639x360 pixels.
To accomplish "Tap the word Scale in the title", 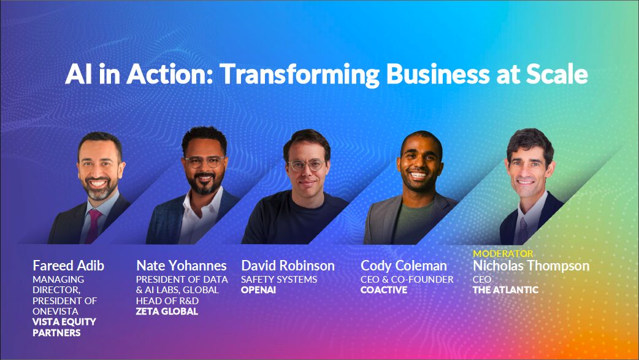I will coord(555,74).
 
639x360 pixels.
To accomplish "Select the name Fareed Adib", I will coord(68,266).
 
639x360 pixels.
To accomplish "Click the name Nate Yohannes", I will coord(181,266).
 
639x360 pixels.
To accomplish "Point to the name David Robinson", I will coord(288,266).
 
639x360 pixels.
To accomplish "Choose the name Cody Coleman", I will coord(404,266).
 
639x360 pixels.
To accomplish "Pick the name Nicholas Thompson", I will coord(530,266).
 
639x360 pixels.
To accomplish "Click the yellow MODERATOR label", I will coord(503,253).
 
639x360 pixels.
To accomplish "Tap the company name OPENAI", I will coord(258,290).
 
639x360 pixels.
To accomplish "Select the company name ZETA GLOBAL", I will coord(167,312).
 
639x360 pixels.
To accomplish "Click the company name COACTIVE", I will coord(383,290).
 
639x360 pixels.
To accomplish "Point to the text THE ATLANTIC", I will coord(505,290).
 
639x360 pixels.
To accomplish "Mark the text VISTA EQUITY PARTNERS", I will coord(64,327).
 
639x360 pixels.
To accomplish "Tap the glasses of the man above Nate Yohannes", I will coord(204,163).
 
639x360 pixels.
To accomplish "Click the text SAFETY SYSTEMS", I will coord(279,280).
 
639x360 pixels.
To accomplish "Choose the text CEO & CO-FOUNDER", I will coord(407,280).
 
